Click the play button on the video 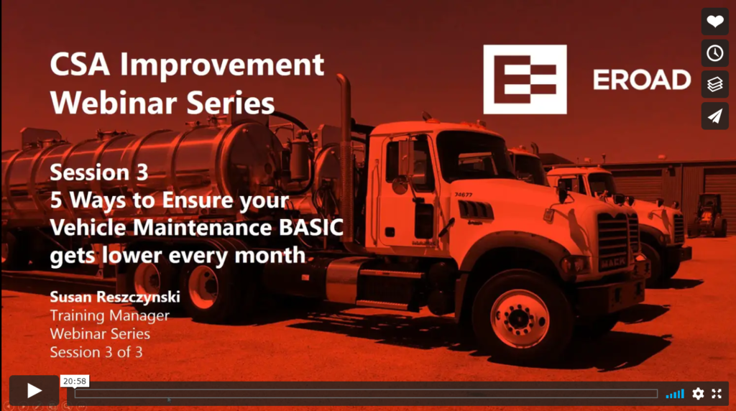click(34, 390)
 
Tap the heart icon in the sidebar click(714, 22)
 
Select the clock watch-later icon click(714, 53)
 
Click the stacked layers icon click(714, 85)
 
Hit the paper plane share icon click(714, 116)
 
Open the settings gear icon click(698, 393)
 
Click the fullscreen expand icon click(717, 393)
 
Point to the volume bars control click(675, 393)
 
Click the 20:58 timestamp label click(75, 382)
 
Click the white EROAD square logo click(525, 79)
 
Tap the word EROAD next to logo click(641, 80)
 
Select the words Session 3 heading click(98, 172)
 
